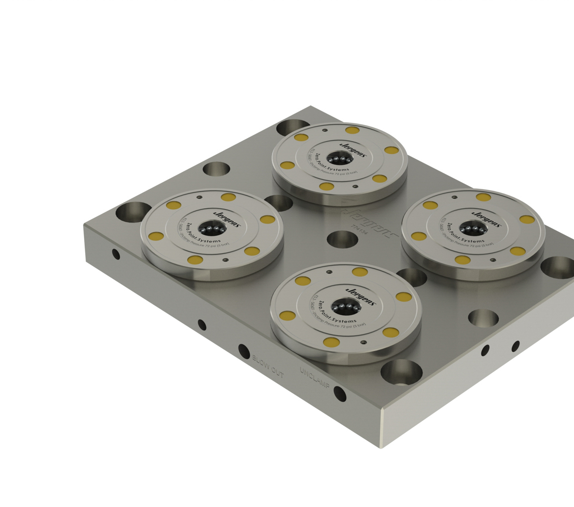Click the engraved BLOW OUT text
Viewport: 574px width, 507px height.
point(268,366)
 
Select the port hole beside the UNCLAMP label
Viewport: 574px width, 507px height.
point(340,394)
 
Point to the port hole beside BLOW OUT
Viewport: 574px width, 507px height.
point(244,351)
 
